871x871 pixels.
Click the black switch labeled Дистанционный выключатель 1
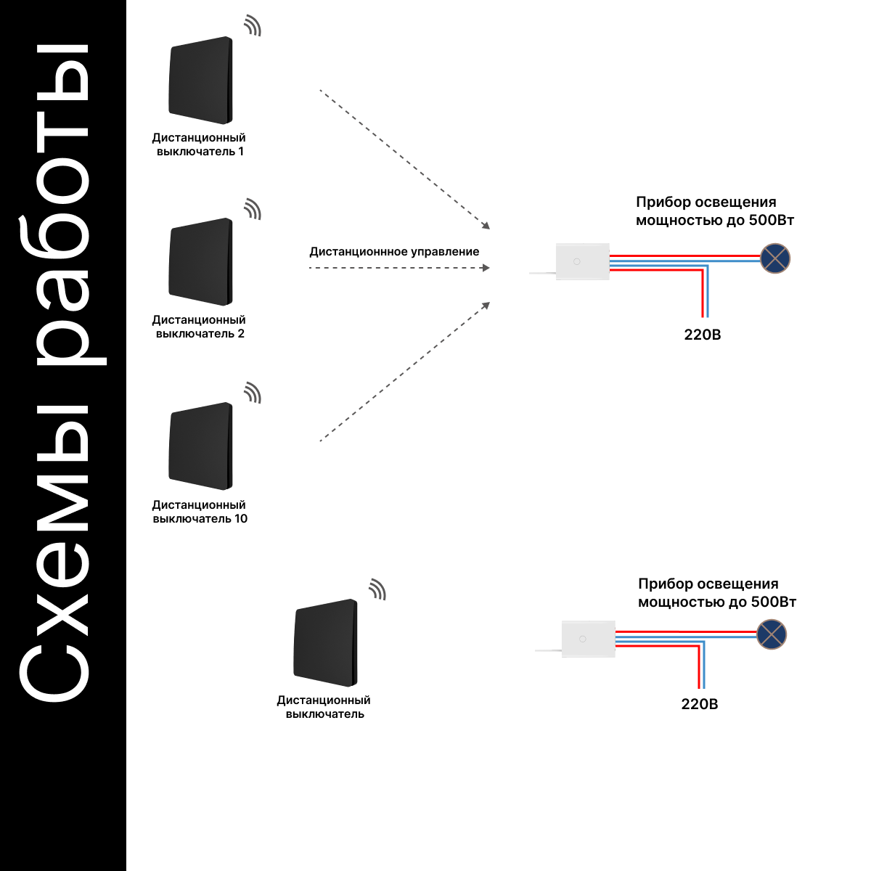click(x=200, y=80)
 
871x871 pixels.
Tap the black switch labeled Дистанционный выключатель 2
click(x=200, y=262)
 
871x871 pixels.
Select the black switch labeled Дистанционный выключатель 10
click(x=200, y=446)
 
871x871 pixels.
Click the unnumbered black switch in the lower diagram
click(x=325, y=643)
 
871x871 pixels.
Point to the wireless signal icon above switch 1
click(x=253, y=25)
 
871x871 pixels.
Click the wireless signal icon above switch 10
click(x=253, y=393)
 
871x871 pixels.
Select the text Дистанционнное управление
click(x=394, y=252)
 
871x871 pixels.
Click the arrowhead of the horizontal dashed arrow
click(x=486, y=268)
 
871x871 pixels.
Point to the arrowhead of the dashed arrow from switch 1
click(x=486, y=226)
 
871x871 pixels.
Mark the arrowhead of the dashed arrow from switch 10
click(x=486, y=306)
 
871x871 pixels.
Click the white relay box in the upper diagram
click(x=583, y=262)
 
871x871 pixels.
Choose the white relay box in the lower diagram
click(x=589, y=639)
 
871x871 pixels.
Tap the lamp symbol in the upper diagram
click(x=775, y=258)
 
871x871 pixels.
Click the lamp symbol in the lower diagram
click(x=772, y=634)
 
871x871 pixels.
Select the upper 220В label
click(x=703, y=335)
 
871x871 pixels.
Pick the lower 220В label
click(x=700, y=704)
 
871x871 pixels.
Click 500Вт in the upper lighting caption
click(x=771, y=220)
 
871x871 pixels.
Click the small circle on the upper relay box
click(x=577, y=262)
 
